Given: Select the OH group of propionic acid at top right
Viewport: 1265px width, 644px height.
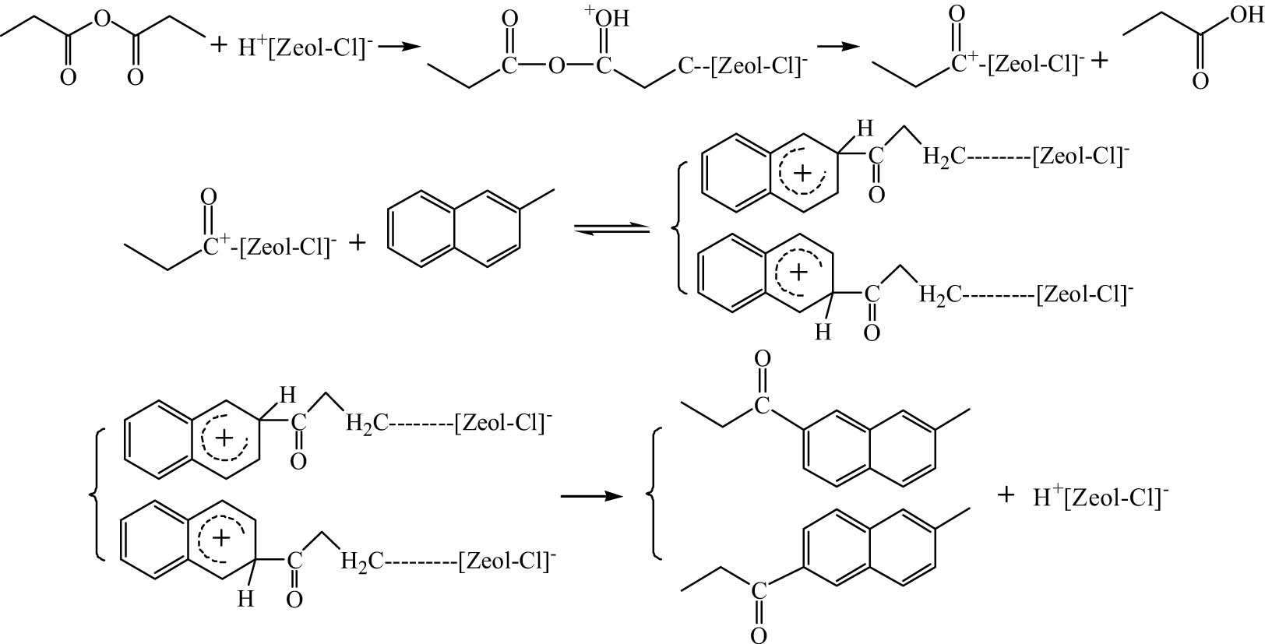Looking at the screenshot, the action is (1246, 15).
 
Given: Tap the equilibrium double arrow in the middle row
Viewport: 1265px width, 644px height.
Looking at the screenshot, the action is (611, 229).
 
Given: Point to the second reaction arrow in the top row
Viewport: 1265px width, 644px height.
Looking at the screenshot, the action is (839, 46).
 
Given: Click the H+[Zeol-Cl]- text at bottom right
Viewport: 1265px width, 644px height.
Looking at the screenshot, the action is (1101, 498).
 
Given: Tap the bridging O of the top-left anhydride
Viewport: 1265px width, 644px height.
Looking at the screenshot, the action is (102, 19).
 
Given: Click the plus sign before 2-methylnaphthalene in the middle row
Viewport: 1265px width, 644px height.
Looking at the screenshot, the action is (358, 243).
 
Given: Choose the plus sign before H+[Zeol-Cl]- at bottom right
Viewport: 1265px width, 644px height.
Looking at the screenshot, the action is (1006, 495).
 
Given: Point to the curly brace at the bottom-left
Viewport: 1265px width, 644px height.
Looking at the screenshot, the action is (97, 495).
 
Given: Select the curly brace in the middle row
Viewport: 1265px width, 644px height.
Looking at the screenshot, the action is (679, 228).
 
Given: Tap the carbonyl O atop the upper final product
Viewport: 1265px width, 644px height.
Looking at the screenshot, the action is (762, 358).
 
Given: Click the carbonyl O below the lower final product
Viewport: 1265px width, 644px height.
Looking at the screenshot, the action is (759, 635).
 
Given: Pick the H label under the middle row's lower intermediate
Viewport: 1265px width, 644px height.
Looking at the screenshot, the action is (823, 332).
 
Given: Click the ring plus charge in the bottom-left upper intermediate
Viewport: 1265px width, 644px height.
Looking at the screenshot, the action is (225, 438).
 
